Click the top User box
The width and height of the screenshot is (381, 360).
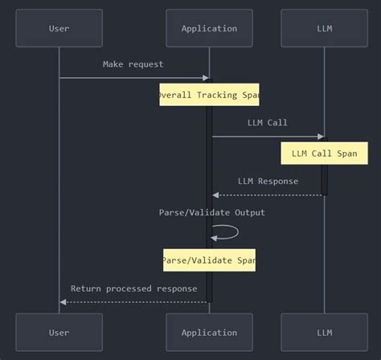[59, 28]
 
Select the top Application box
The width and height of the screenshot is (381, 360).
[209, 28]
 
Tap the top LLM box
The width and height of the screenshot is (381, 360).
[324, 28]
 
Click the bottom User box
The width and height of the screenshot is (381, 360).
[59, 332]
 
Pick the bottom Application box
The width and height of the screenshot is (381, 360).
[209, 332]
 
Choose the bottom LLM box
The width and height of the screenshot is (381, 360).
[324, 332]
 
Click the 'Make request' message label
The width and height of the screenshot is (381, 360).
[133, 64]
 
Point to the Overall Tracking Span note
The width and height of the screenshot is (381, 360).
[209, 95]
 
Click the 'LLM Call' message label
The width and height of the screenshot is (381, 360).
[267, 123]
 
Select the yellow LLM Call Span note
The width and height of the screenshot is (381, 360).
[324, 153]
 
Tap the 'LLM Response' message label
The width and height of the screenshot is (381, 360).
[268, 182]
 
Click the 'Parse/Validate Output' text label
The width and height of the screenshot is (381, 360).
[211, 212]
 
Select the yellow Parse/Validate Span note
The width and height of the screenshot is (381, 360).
[209, 260]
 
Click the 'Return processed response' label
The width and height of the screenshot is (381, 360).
[133, 288]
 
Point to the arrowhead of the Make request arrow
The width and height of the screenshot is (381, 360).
[205, 78]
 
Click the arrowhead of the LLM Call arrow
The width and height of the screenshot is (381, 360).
[320, 137]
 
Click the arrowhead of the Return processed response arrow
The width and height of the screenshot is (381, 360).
[63, 302]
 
